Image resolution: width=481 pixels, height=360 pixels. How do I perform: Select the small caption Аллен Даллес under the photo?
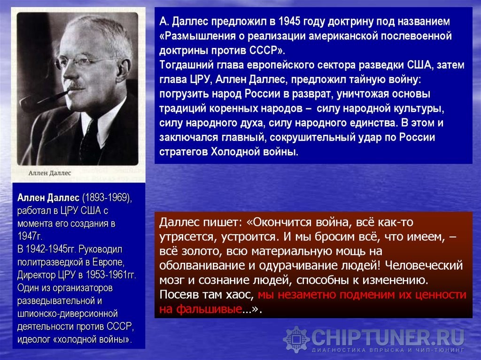(x=50, y=173)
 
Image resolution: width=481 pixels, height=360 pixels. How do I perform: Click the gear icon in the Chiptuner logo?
(x=296, y=339)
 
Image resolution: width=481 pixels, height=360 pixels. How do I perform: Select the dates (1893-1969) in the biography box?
(x=107, y=198)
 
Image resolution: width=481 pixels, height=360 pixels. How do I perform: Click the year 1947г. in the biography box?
(x=30, y=236)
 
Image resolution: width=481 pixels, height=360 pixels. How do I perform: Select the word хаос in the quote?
(x=240, y=295)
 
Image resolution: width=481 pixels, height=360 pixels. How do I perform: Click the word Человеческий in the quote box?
(x=424, y=266)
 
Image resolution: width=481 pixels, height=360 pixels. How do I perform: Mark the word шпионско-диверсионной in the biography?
(x=68, y=314)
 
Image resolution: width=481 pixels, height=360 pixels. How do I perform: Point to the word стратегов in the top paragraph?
(x=184, y=152)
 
